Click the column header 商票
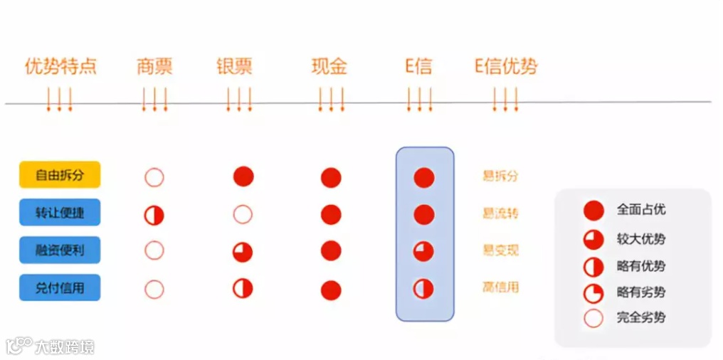(x=154, y=68)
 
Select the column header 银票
(x=235, y=68)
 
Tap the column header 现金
(x=329, y=68)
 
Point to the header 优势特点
(x=60, y=68)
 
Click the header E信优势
(x=506, y=68)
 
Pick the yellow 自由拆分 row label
(x=60, y=175)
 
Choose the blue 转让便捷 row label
(x=60, y=212)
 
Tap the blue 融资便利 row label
(x=60, y=250)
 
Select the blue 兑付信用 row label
(x=60, y=287)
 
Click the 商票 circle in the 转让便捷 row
(x=154, y=215)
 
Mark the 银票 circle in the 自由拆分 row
(x=243, y=176)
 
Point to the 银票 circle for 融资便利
(x=243, y=252)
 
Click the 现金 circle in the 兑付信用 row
(x=331, y=290)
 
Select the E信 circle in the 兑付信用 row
(x=424, y=289)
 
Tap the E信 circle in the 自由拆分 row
(x=424, y=177)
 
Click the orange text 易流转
(x=501, y=213)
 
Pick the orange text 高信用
(x=501, y=287)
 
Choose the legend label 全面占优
(x=641, y=210)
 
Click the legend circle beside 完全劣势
(x=593, y=317)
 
